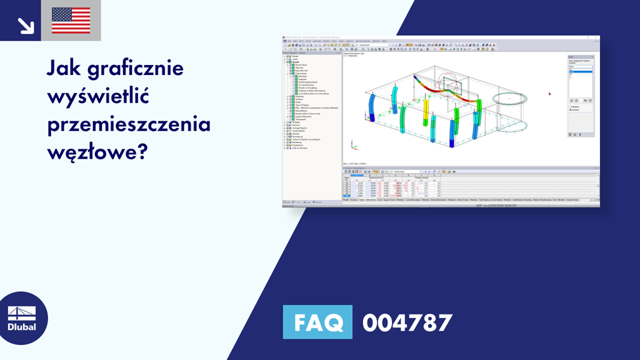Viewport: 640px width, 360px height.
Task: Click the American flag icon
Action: click(x=71, y=21)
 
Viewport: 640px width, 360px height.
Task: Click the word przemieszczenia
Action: click(x=129, y=124)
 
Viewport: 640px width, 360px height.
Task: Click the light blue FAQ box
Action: click(x=317, y=322)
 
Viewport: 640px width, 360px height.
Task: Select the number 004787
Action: click(x=407, y=322)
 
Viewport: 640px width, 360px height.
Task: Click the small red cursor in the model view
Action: click(x=549, y=94)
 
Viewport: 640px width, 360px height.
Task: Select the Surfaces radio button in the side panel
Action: click(x=571, y=110)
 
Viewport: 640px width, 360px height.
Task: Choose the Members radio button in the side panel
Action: click(x=571, y=106)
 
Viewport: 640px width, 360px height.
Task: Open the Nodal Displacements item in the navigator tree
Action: click(x=308, y=81)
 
